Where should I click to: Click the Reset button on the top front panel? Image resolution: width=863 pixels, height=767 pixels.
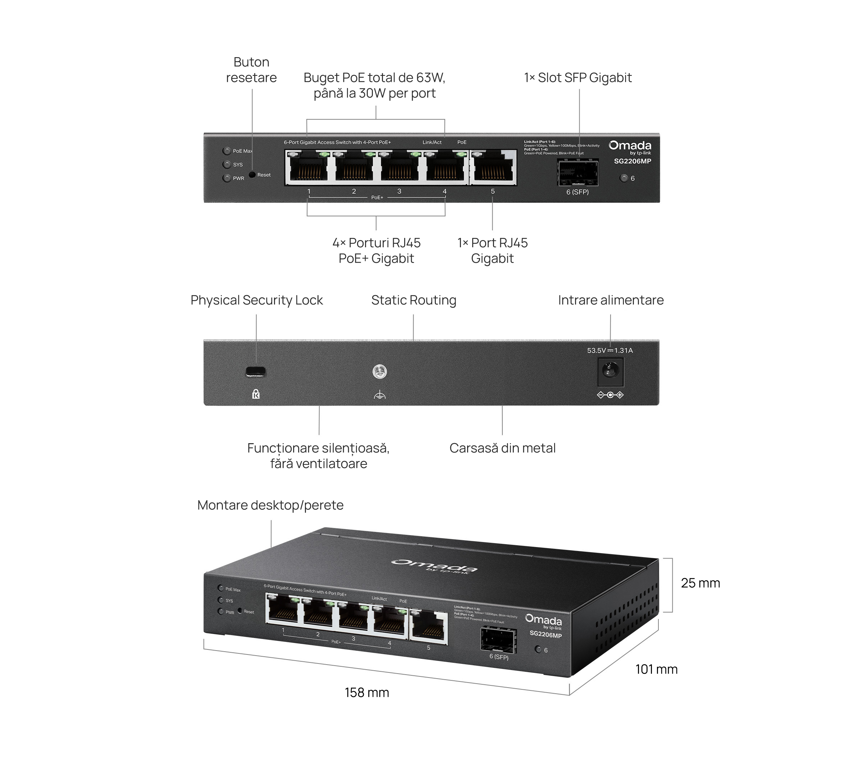point(252,175)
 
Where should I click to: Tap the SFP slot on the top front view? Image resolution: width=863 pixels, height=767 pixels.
point(577,172)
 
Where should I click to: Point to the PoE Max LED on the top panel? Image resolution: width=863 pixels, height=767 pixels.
point(227,151)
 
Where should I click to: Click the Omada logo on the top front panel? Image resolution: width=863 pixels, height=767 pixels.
point(630,146)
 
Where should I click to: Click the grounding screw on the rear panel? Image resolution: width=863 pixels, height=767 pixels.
point(380,372)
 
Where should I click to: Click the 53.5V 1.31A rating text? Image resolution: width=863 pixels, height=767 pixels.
point(609,350)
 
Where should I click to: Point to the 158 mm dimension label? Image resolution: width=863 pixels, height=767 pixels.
point(366,693)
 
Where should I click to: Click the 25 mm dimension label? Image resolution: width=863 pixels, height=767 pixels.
point(700,583)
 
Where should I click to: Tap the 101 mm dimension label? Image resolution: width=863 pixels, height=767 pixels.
point(656,669)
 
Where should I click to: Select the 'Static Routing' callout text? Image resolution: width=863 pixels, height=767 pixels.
point(414,300)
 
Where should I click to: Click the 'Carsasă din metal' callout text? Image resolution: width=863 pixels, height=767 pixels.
point(502,448)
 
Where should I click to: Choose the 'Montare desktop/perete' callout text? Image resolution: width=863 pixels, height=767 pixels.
point(270,505)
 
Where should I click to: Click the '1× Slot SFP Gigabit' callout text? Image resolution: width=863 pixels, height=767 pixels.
point(577,78)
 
